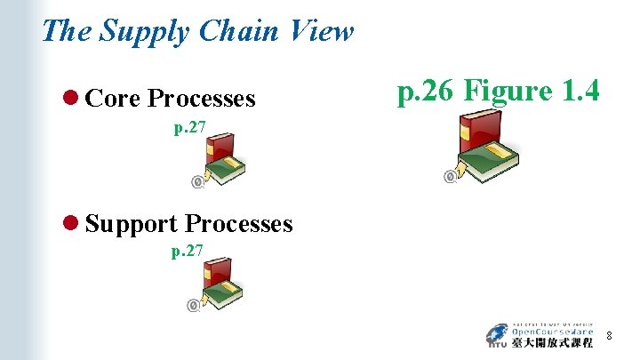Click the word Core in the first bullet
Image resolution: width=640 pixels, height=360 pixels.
[113, 99]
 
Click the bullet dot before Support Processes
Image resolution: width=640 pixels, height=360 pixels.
[72, 224]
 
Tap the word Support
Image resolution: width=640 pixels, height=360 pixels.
[132, 224]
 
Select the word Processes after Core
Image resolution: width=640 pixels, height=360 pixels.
[202, 99]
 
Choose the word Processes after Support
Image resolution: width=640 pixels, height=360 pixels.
[238, 224]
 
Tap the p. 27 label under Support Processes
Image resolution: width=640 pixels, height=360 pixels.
[188, 252]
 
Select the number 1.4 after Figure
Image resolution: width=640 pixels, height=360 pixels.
[577, 91]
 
